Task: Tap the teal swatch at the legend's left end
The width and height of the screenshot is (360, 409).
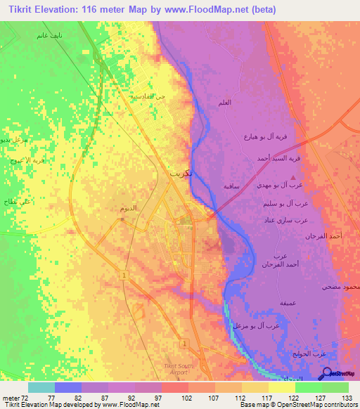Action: point(41,387)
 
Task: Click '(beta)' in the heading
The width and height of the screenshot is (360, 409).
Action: point(260,10)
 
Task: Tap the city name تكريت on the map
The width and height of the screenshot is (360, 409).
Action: point(180,172)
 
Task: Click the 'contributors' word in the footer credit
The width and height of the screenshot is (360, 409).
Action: point(340,405)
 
